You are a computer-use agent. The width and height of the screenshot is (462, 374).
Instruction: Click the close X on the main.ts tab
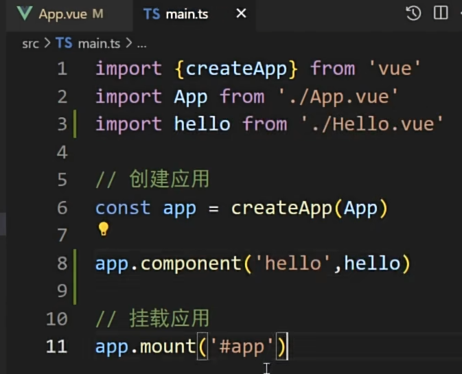coord(241,13)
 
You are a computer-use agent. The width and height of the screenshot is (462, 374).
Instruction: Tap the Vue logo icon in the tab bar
coord(25,14)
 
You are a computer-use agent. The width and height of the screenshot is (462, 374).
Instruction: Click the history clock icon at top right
coord(413,13)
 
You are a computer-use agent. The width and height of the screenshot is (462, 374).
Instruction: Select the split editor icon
coord(441,13)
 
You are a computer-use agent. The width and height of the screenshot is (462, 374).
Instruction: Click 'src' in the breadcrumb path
coord(30,44)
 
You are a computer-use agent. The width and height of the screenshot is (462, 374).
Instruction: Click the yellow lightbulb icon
coord(104,229)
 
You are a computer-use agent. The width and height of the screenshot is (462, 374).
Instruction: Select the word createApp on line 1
coord(236,69)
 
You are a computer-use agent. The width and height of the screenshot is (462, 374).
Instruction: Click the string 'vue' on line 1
coord(395,69)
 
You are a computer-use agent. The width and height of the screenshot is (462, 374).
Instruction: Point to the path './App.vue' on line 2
coord(338,97)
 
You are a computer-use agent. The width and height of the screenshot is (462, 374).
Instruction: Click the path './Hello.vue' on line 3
coord(372,124)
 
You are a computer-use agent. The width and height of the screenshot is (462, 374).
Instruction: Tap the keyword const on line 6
coord(123,208)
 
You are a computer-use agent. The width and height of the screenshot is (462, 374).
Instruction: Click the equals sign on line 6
coord(213,209)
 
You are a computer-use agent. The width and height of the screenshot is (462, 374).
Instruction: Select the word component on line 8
coord(191,264)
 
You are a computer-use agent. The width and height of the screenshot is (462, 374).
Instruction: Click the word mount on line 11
coord(168,347)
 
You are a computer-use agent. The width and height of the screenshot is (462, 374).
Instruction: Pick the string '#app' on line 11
coord(242,347)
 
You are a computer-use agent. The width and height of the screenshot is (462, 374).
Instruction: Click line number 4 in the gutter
coord(62,152)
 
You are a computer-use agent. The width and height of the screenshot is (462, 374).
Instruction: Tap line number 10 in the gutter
coord(57,318)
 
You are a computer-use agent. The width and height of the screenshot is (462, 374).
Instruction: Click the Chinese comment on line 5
coord(152,179)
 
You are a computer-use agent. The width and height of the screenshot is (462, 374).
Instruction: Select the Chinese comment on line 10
coord(152,318)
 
